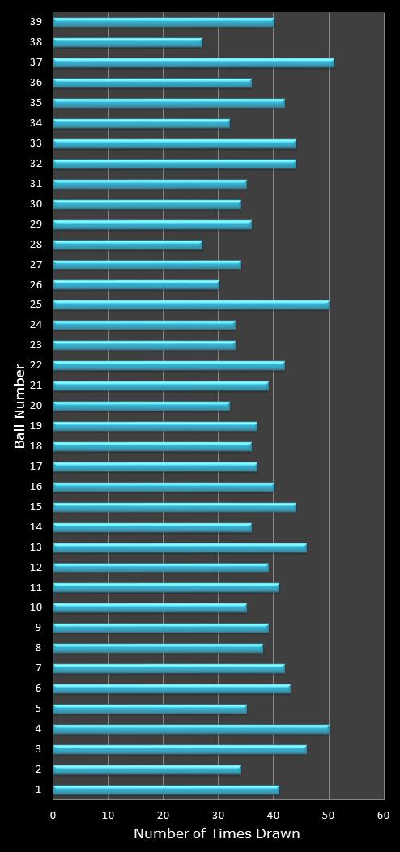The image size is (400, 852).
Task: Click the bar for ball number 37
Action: click(193, 62)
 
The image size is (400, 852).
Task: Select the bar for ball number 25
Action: click(190, 305)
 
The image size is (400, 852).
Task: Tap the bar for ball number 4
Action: click(190, 729)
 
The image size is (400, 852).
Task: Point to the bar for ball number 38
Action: click(127, 42)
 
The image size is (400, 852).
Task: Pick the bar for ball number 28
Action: click(127, 245)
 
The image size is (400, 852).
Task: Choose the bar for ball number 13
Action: click(179, 547)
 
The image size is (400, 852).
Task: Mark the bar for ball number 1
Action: click(165, 790)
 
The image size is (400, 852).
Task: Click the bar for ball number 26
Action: click(135, 285)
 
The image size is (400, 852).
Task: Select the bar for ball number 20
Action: click(141, 406)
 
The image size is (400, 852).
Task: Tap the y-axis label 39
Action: click(36, 22)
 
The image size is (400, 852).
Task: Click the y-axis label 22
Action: click(36, 365)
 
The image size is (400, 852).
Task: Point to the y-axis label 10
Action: click(36, 607)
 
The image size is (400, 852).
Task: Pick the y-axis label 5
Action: click(38, 709)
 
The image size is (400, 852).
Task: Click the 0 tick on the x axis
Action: click(53, 816)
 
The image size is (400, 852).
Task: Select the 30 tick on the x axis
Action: click(219, 816)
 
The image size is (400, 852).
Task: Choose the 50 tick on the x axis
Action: click(329, 816)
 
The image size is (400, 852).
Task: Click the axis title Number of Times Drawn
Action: click(216, 833)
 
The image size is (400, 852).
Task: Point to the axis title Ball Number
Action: click(19, 406)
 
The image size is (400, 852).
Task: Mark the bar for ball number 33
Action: click(174, 143)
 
